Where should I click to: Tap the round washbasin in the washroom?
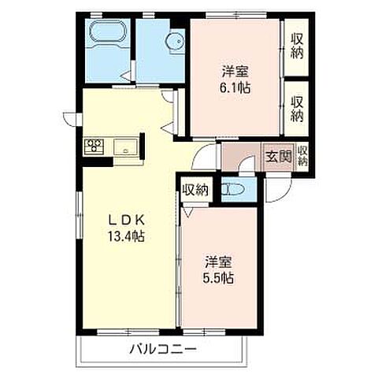coord(176,42)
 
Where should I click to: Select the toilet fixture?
coord(233,189)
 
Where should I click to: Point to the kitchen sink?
coord(125,147)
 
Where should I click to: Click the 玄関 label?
coord(278,157)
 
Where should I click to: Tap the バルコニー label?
coord(163,349)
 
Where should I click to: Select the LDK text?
coord(127,220)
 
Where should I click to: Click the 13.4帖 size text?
coord(126,236)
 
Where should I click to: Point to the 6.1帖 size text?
coord(235,88)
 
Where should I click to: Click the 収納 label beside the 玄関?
coord(302,156)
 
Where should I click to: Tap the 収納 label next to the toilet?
coord(195,190)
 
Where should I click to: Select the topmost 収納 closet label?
coord(297,46)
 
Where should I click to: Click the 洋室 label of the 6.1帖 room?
coord(235,71)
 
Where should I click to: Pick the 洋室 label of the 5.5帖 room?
coord(218,261)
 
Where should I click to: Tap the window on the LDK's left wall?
coord(80,215)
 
